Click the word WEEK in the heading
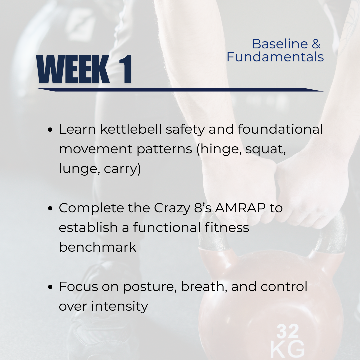[73, 69]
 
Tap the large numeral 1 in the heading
[125, 69]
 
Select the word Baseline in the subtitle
[280, 44]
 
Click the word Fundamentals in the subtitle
[275, 57]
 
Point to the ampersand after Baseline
[316, 44]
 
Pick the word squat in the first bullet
[266, 149]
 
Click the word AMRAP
[240, 208]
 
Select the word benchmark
[98, 247]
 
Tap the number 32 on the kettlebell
[287, 331]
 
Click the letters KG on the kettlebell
[288, 349]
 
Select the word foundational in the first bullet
[280, 129]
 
